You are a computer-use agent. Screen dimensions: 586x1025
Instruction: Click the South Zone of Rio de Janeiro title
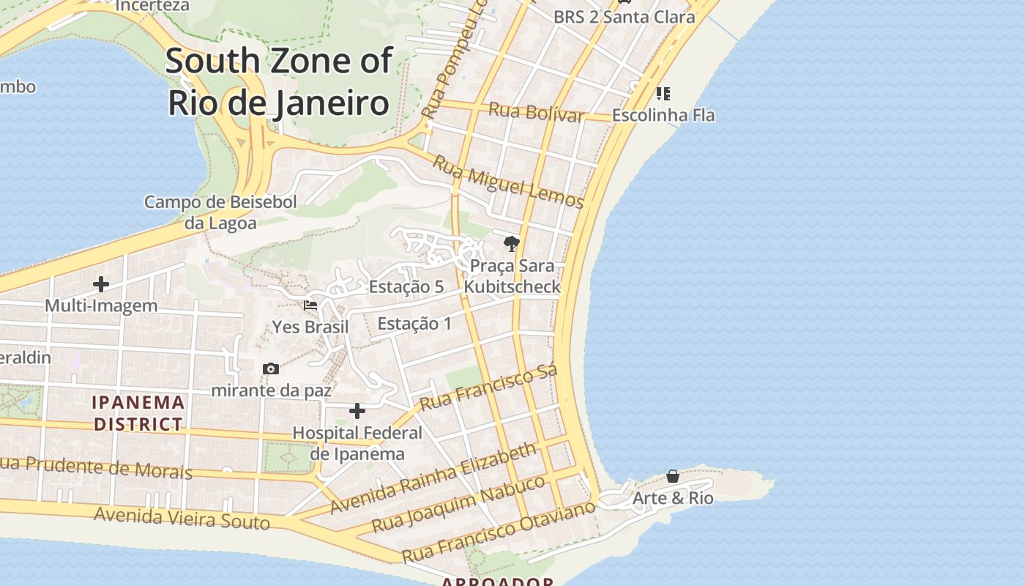(278, 82)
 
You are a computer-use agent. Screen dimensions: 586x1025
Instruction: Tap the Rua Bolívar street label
(536, 113)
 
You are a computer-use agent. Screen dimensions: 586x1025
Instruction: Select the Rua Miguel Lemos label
(507, 182)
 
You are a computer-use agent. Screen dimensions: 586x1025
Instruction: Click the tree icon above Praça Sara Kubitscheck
(512, 244)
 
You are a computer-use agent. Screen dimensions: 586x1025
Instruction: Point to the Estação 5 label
(406, 286)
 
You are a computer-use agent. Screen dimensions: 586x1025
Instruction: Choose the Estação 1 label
(414, 323)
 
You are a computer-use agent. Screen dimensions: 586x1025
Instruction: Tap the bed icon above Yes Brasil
(310, 305)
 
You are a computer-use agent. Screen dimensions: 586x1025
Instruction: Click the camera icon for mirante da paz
(271, 368)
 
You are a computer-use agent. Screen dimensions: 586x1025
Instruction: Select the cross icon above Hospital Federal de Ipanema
(357, 411)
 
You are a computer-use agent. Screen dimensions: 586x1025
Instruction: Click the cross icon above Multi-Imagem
(101, 284)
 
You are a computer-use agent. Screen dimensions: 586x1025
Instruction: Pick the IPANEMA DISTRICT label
(138, 413)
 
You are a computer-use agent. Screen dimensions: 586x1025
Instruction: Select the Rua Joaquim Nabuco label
(458, 504)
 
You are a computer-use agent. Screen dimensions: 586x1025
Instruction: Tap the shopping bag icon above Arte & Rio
(673, 477)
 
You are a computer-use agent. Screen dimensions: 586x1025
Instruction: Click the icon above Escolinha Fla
(663, 94)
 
